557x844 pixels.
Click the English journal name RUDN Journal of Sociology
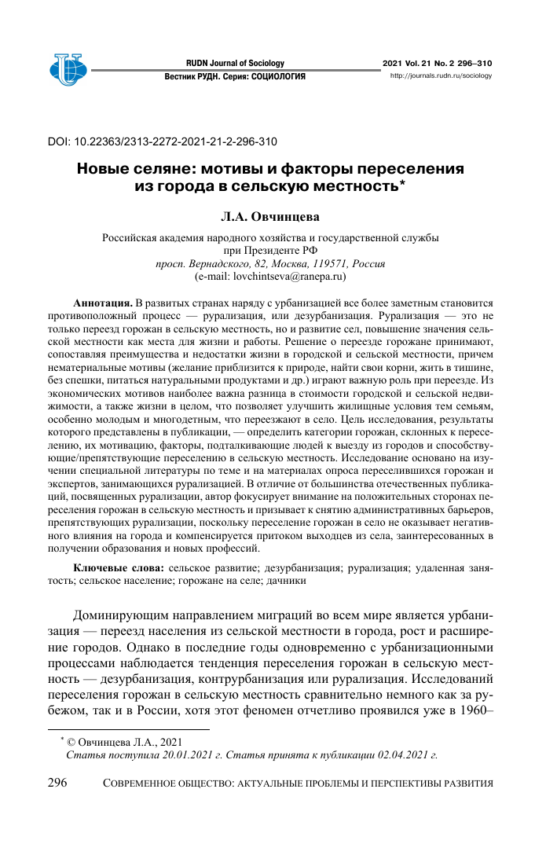pyautogui.click(x=235, y=63)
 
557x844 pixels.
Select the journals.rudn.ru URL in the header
pyautogui.click(x=441, y=76)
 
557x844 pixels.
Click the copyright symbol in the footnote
pyautogui.click(x=71, y=741)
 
